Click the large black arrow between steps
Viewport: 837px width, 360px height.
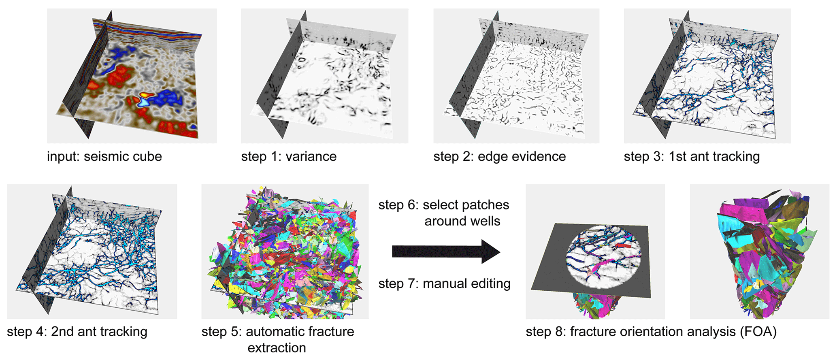tap(446, 251)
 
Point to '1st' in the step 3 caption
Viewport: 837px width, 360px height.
tap(677, 157)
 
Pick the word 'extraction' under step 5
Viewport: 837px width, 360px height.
tap(277, 348)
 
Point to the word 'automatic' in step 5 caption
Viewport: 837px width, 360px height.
tap(271, 332)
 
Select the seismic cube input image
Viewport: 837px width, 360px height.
tap(132, 76)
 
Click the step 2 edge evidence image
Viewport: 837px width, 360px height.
tap(516, 76)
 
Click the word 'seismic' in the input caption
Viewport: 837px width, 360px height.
tap(102, 157)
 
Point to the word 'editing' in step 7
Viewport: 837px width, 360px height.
tap(490, 283)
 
